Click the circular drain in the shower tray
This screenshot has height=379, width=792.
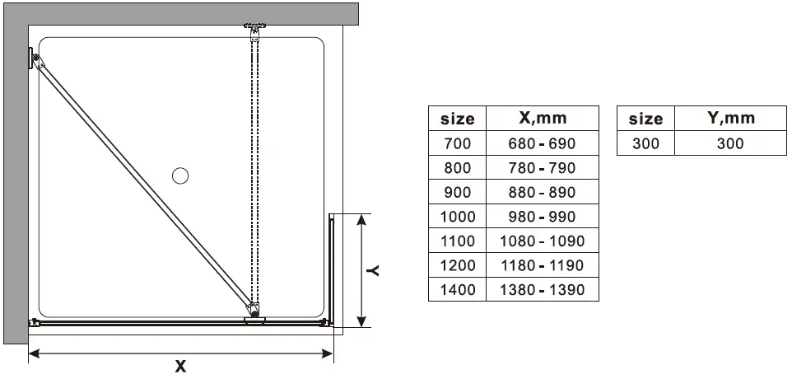coord(180,175)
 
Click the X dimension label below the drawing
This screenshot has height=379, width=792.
coord(181,367)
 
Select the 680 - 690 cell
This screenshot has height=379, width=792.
coord(542,143)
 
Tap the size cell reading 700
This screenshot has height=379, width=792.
coord(457,143)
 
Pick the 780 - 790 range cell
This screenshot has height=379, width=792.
coord(542,168)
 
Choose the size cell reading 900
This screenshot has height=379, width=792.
coord(457,192)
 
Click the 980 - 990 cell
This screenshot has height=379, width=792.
coord(542,217)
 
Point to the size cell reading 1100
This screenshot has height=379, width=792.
coord(457,241)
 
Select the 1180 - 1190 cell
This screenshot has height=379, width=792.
coord(542,265)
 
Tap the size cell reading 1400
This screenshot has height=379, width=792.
coord(457,290)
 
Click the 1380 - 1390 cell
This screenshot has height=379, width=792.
coord(542,290)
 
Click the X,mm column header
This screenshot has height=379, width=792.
coord(542,118)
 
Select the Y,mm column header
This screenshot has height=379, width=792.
coord(730,118)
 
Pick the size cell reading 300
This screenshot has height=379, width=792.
coord(645,143)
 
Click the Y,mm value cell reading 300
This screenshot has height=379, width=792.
coord(730,143)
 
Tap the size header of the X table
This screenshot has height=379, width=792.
coord(457,118)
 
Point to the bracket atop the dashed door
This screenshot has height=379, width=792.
coord(254,30)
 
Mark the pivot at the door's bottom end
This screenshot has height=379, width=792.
coord(254,311)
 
